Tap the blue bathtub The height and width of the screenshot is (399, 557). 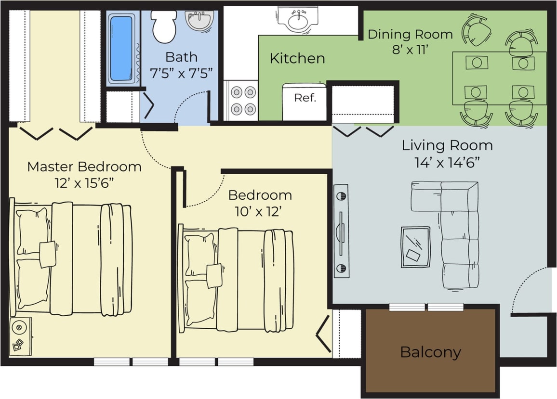pos(120,48)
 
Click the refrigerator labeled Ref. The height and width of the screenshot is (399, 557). pos(305,102)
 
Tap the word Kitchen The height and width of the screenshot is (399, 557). pos(297,59)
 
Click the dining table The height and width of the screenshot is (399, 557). pos(499,78)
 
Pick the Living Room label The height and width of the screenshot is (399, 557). pos(447,145)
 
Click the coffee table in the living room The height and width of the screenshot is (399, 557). pos(415,246)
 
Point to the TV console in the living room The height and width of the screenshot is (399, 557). pos(341,231)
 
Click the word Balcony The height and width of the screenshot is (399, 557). pos(430,352)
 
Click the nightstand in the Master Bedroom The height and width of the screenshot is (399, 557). pos(21,336)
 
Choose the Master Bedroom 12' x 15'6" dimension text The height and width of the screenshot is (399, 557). pos(84,183)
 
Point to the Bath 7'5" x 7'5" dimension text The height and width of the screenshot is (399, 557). pos(182,73)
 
